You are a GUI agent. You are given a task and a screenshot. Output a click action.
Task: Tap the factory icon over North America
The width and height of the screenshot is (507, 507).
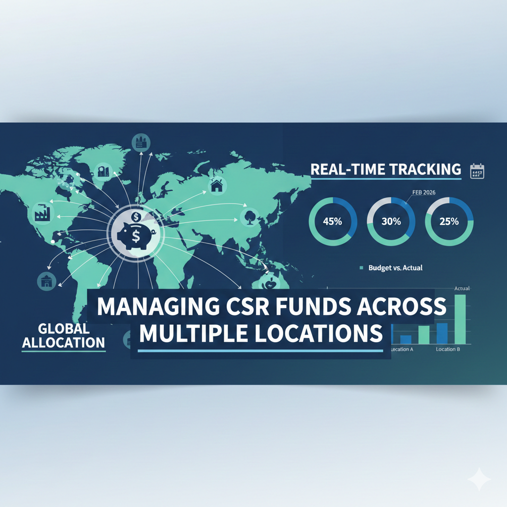pos(41,213)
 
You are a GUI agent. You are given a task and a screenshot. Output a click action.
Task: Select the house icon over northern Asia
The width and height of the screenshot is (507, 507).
pos(216,186)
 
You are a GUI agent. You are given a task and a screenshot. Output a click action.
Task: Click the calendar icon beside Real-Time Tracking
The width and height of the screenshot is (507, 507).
pos(477,171)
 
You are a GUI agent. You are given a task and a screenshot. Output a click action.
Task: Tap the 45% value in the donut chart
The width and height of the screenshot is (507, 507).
pos(332,221)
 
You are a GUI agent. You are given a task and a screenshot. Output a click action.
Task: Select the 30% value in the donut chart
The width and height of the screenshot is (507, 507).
pos(391,221)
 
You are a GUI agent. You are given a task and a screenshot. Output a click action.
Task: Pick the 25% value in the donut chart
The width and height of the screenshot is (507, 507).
pos(449,221)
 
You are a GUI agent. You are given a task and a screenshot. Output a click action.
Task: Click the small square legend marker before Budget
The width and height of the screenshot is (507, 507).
pos(361,268)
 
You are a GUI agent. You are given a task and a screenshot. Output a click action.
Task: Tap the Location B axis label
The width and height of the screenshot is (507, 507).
pos(448,350)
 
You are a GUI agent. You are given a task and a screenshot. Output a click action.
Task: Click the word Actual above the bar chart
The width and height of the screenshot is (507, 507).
pos(461,288)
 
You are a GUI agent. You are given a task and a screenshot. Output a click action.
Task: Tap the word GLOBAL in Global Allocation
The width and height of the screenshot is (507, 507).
pos(63,329)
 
